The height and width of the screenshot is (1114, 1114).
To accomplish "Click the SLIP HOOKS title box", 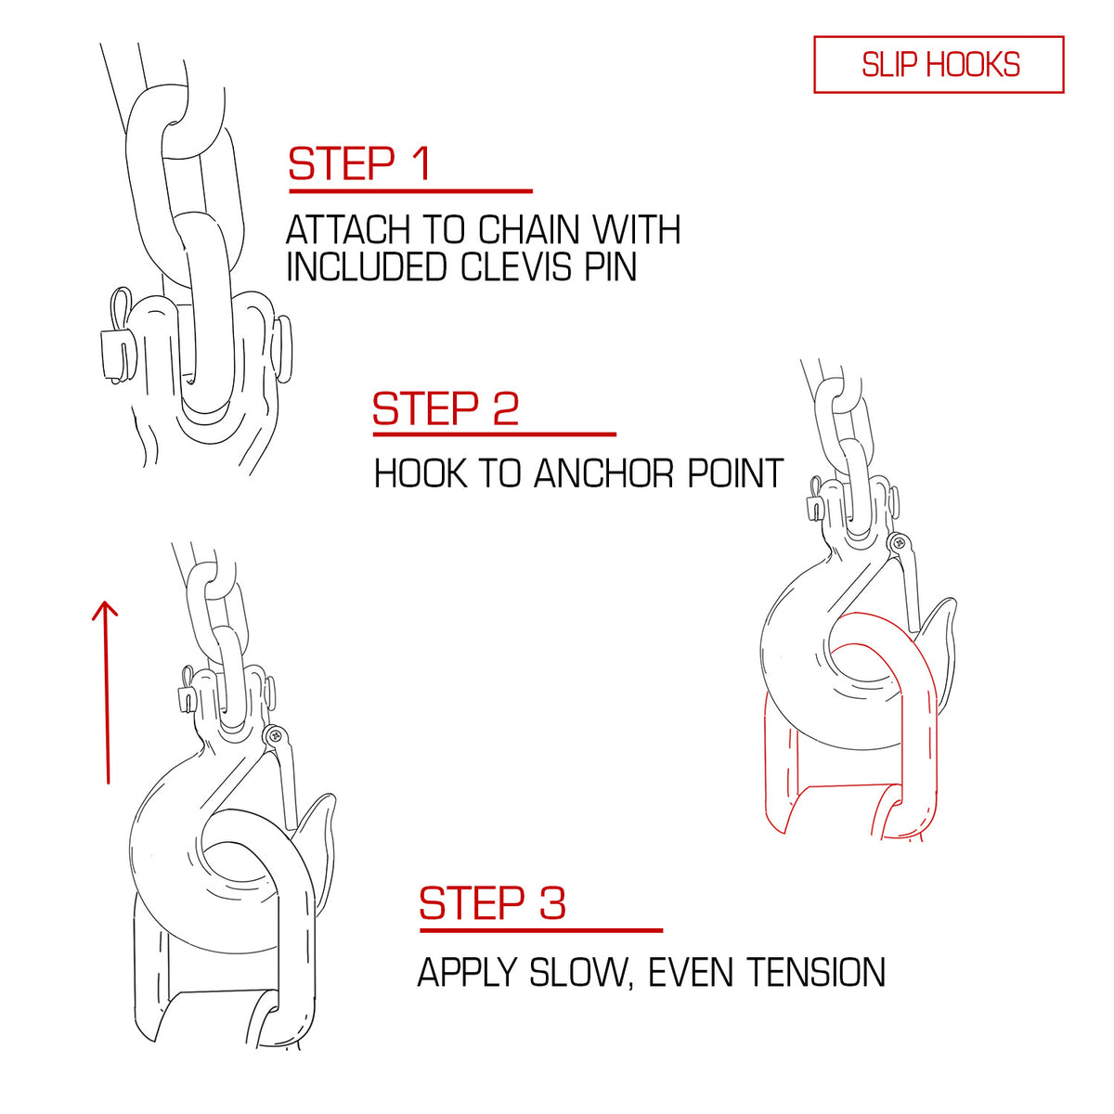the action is [938, 64].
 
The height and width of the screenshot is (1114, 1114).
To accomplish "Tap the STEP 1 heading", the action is [359, 163].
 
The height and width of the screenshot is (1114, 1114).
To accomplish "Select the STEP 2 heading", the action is [446, 408].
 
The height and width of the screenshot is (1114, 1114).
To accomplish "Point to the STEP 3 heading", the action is [492, 903].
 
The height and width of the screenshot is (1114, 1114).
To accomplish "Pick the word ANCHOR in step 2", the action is [603, 473].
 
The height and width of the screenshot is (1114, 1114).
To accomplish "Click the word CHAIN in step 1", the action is [528, 230].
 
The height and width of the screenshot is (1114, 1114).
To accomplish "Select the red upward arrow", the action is [107, 692].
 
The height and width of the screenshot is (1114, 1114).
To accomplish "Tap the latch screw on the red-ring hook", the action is [898, 542].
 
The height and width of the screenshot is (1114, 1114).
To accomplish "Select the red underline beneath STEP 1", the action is [410, 190].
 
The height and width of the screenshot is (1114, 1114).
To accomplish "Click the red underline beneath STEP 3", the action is [541, 930].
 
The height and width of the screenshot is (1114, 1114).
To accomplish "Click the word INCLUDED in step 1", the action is [367, 267].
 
